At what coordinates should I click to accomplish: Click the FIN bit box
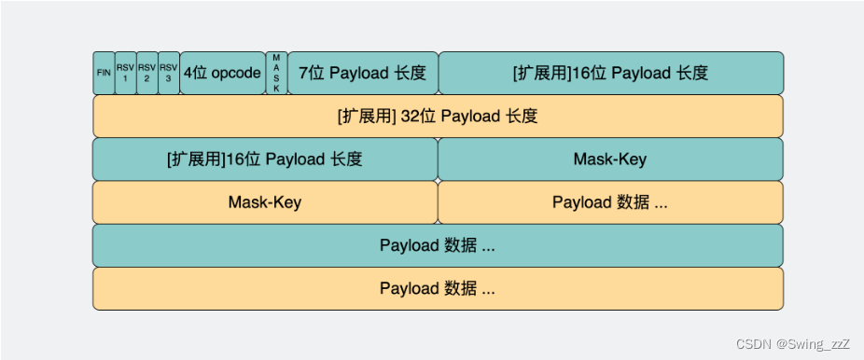[x=104, y=73]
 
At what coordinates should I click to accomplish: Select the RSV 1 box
[x=125, y=73]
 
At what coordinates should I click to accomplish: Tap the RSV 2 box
[x=146, y=73]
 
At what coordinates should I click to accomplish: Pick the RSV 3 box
[x=168, y=73]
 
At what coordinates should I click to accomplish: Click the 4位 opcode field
[x=222, y=73]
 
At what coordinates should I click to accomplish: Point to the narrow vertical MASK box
[x=276, y=73]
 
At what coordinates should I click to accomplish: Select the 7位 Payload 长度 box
[x=362, y=73]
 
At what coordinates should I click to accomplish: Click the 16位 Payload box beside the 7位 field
[x=610, y=73]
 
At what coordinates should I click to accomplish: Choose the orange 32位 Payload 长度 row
[x=438, y=117]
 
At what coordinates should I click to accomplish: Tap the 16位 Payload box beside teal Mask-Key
[x=264, y=159]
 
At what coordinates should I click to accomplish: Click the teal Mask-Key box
[x=610, y=159]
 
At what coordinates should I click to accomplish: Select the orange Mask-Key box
[x=264, y=202]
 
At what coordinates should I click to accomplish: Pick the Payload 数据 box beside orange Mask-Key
[x=610, y=202]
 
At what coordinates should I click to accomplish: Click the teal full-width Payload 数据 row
[x=438, y=245]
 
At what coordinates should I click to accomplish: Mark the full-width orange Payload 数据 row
[x=438, y=288]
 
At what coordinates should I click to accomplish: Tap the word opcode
[x=236, y=73]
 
